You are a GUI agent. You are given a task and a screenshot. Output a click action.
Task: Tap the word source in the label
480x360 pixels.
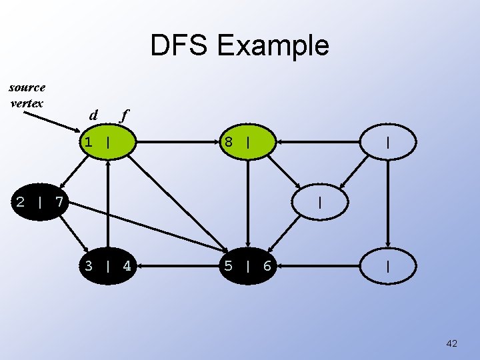(27, 87)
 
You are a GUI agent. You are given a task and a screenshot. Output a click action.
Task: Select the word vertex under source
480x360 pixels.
(27, 103)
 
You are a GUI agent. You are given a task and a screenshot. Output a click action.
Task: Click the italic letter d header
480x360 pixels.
(93, 115)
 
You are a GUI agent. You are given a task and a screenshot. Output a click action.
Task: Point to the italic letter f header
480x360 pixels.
(123, 115)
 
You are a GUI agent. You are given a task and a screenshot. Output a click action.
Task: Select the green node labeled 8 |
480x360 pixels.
(247, 142)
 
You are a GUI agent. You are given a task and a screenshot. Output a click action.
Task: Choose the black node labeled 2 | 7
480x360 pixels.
(39, 201)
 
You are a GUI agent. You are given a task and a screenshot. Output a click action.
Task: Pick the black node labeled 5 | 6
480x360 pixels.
(247, 267)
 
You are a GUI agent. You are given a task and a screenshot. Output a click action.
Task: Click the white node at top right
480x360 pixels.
(387, 142)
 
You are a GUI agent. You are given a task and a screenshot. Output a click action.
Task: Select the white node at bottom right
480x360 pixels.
(387, 267)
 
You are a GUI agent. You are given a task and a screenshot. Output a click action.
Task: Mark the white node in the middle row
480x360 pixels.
(319, 201)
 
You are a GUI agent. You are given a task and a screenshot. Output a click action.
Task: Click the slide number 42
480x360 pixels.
(451, 343)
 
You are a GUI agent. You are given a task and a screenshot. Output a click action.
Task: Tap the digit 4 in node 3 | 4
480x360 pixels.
(127, 267)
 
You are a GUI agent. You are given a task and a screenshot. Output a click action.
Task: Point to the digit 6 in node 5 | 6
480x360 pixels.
(267, 267)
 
